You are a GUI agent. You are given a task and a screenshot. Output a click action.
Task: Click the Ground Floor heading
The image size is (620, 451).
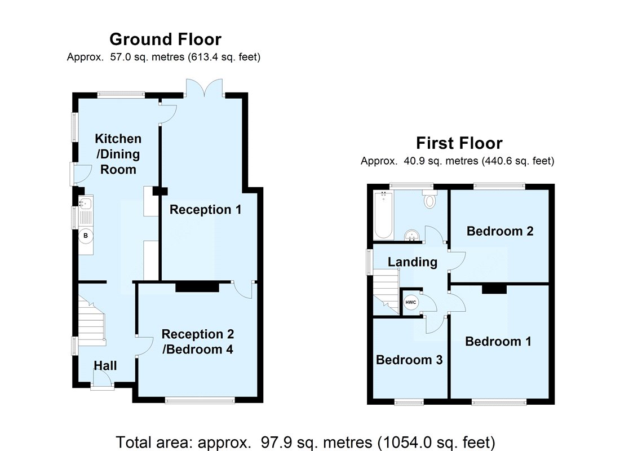[165, 39]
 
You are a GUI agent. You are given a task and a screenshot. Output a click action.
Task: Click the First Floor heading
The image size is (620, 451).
[459, 143]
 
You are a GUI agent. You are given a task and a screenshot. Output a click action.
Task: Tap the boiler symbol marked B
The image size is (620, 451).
[86, 236]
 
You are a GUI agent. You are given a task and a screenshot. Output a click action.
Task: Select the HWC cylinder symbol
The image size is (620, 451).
[411, 303]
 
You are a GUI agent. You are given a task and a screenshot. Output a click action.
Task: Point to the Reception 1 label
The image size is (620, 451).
[205, 209]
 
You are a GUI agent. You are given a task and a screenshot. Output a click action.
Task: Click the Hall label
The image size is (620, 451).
[105, 365]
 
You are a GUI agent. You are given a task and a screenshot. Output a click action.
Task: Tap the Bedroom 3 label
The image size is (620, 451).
[409, 360]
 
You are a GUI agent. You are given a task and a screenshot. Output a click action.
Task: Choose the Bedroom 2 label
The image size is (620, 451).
[500, 231]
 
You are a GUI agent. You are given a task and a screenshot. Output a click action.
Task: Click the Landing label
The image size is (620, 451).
[413, 262]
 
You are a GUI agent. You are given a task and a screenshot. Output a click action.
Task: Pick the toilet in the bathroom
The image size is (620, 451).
[429, 198]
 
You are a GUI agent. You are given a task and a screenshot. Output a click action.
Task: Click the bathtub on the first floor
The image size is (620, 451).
[383, 215]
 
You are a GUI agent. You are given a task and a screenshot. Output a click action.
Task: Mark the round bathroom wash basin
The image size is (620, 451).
[412, 236]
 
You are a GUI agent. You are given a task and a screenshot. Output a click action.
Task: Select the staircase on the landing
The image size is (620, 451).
[386, 291]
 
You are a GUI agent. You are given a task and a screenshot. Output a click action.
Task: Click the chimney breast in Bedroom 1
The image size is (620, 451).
[494, 289]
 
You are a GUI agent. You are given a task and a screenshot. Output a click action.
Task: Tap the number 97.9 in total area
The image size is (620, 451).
[274, 442]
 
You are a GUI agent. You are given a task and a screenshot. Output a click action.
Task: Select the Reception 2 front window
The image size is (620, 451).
[200, 400]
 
